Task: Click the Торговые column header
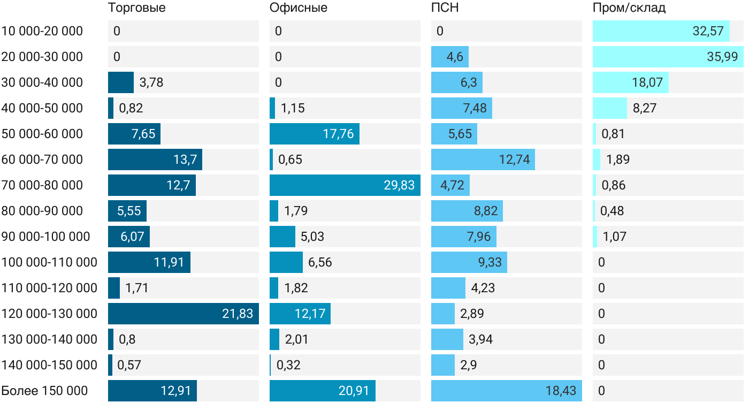(136, 8)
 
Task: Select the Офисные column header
(298, 8)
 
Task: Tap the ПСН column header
(445, 8)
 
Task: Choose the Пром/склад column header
(629, 8)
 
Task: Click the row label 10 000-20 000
(42, 31)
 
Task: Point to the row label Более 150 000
(44, 391)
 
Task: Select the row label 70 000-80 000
(42, 185)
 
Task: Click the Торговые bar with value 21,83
(183, 314)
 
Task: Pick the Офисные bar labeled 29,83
(345, 185)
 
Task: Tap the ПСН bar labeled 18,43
(506, 391)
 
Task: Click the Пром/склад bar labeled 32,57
(661, 31)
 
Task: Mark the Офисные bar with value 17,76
(314, 134)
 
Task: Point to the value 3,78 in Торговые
(151, 82)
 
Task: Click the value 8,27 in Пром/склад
(644, 108)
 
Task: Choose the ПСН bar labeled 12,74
(483, 160)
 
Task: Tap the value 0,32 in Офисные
(288, 365)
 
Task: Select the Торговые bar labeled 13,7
(155, 160)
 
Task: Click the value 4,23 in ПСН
(483, 288)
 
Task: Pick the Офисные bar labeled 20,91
(322, 391)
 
